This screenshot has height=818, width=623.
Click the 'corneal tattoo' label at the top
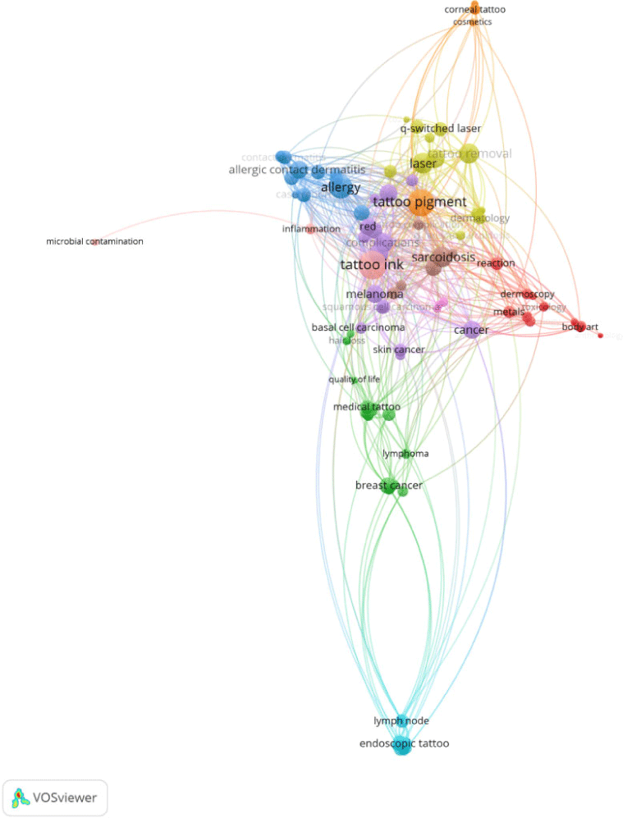tap(474, 10)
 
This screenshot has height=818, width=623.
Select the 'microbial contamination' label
tap(94, 242)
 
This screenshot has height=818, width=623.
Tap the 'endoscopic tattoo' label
tap(404, 744)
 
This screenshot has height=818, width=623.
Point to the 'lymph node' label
tap(401, 721)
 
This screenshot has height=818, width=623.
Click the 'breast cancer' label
tap(388, 486)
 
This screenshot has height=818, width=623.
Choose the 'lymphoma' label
tap(405, 454)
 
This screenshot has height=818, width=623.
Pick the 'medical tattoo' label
tap(366, 407)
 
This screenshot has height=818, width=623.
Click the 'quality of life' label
tap(354, 379)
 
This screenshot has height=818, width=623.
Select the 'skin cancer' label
tap(399, 350)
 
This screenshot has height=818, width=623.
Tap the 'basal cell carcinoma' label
tap(358, 328)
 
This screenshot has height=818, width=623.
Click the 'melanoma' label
tap(374, 295)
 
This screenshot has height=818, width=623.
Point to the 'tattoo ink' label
tap(372, 265)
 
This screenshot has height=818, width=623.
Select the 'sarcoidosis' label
tap(443, 258)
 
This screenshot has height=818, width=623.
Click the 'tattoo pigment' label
tap(419, 202)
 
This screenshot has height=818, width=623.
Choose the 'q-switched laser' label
tap(440, 129)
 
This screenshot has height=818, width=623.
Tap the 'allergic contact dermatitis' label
tap(296, 171)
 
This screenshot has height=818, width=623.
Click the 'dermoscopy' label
tap(527, 294)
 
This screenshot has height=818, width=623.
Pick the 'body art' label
tap(579, 327)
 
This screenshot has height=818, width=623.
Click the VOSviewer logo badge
tap(55, 797)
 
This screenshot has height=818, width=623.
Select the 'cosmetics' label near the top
tap(472, 22)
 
